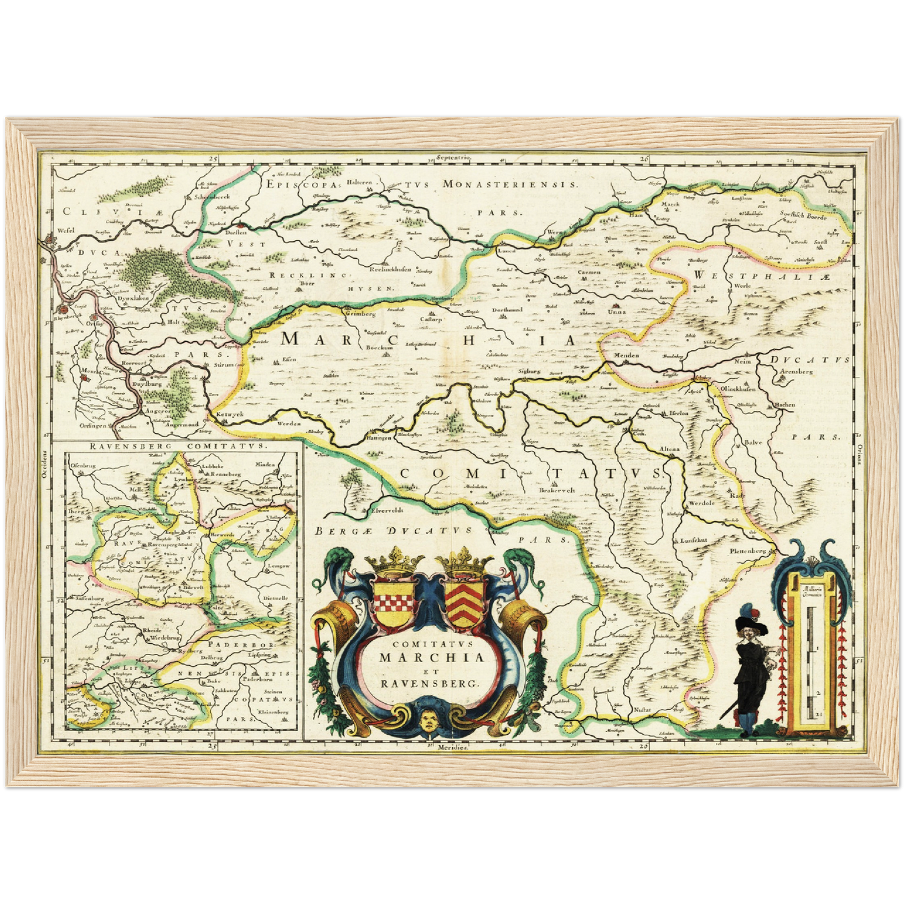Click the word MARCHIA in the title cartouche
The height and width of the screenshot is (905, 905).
[432, 658]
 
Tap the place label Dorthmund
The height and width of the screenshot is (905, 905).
[507, 310]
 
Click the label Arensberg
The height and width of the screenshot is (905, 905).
[814, 371]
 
